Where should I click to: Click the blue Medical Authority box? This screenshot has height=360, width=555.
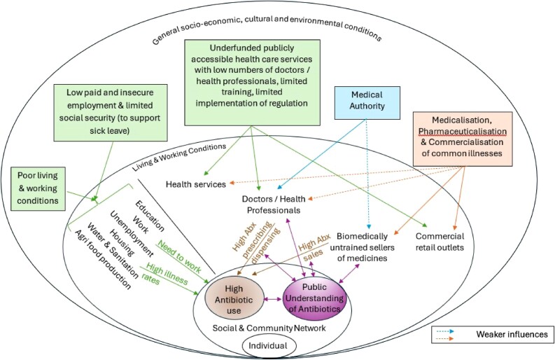pyautogui.click(x=367, y=103)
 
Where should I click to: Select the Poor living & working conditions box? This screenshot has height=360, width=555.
pyautogui.click(x=38, y=189)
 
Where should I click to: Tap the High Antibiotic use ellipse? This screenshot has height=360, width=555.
pyautogui.click(x=234, y=299)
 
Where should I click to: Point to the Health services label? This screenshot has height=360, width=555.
pyautogui.click(x=196, y=184)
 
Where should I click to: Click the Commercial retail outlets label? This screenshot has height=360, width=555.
pyautogui.click(x=440, y=242)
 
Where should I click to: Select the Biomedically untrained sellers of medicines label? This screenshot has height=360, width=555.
pyautogui.click(x=362, y=247)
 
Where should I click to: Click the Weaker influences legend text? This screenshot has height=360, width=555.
pyautogui.click(x=512, y=334)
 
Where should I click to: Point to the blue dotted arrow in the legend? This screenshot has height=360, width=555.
pyautogui.click(x=445, y=332)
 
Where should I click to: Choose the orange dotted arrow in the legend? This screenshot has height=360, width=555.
pyautogui.click(x=445, y=339)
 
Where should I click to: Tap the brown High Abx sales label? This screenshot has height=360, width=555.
pyautogui.click(x=314, y=247)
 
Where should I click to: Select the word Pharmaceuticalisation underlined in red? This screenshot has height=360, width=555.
pyautogui.click(x=462, y=131)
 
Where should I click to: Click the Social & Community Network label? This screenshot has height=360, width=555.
pyautogui.click(x=269, y=328)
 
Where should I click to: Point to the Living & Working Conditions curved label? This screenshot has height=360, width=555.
pyautogui.click(x=179, y=157)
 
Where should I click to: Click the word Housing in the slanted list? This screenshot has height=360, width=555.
pyautogui.click(x=121, y=243)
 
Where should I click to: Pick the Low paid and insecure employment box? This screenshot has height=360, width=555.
pyautogui.click(x=111, y=113)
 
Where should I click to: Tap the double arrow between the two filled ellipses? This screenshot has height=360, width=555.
pyautogui.click(x=273, y=299)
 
